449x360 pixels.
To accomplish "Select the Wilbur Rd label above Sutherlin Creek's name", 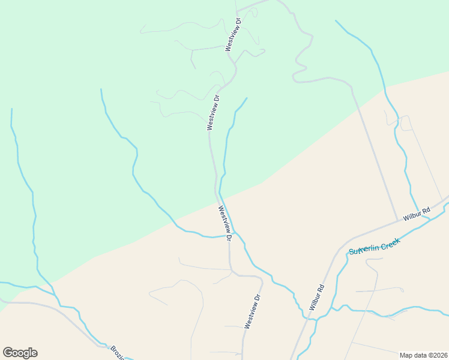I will coord(417,214).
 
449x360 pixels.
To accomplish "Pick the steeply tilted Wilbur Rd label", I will coord(317,296).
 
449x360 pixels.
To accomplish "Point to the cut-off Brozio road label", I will coord(118,352).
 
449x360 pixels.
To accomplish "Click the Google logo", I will coord(20,353).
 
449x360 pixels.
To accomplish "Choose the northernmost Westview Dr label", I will coord(233,34).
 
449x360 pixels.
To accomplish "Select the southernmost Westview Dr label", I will coord(253,311).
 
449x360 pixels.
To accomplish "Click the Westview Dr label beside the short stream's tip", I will coord(213,112).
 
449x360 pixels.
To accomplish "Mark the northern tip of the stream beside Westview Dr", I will coord(247,98).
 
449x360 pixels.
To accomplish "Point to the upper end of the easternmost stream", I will coord(336,21).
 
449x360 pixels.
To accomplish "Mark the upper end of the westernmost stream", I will coord(11,109).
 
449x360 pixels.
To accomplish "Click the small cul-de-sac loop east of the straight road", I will coord(406,123).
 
